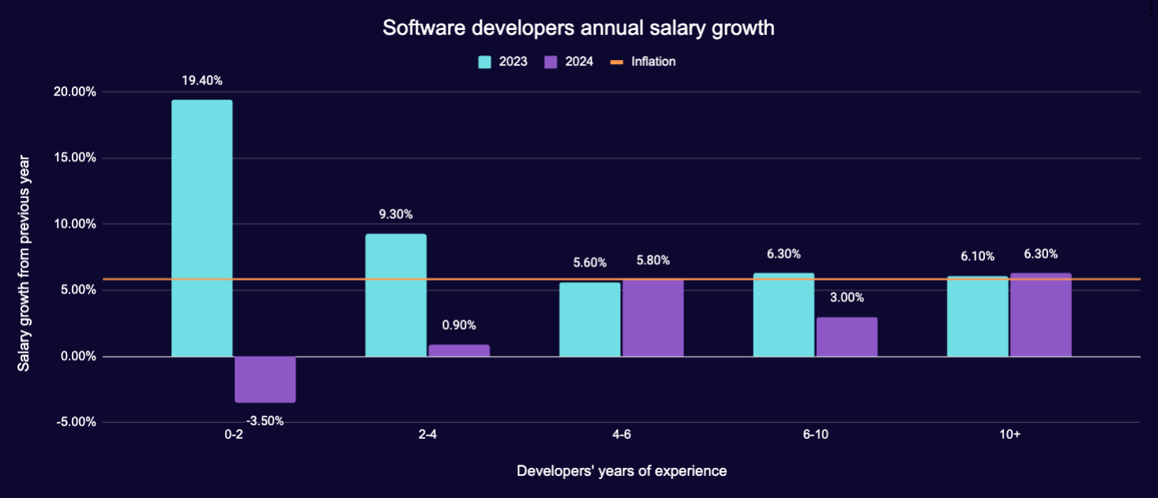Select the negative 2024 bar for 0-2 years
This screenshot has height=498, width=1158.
pyautogui.click(x=265, y=379)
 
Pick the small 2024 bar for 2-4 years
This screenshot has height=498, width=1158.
pyautogui.click(x=459, y=350)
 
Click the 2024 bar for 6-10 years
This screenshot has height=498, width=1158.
pyautogui.click(x=847, y=337)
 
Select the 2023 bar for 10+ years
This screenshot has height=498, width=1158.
pyautogui.click(x=978, y=316)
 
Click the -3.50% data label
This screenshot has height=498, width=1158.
pyautogui.click(x=265, y=421)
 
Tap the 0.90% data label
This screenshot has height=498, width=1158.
pyautogui.click(x=459, y=325)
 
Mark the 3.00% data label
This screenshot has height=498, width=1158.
pyautogui.click(x=847, y=298)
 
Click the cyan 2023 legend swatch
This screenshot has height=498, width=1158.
pyautogui.click(x=485, y=62)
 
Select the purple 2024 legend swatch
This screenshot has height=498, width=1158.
pyautogui.click(x=551, y=62)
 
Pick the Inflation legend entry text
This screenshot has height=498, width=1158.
pyautogui.click(x=653, y=62)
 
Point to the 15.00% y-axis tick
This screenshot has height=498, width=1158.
pyautogui.click(x=76, y=157)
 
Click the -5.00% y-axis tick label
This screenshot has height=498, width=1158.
pyautogui.click(x=76, y=421)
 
